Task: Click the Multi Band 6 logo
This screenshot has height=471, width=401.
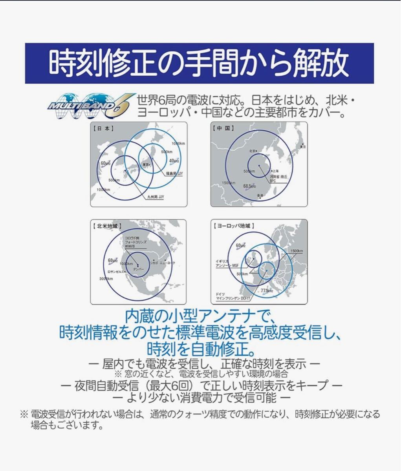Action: pyautogui.click(x=90, y=106)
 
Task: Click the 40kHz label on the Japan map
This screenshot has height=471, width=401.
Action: pyautogui.click(x=174, y=161)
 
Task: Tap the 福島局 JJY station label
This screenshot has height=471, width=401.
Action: pyautogui.click(x=174, y=173)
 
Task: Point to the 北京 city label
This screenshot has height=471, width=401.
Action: pyautogui.click(x=252, y=151)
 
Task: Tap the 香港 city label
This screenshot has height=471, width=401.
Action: pyautogui.click(x=260, y=195)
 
